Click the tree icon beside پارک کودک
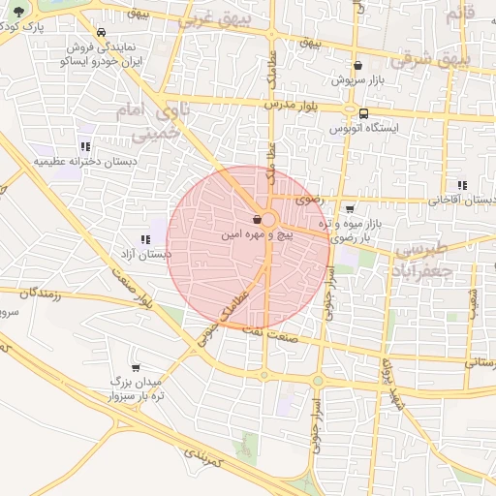click(x=18, y=12)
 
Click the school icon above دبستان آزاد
click(x=145, y=239)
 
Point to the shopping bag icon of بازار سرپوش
click(x=358, y=66)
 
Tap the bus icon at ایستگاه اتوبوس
click(x=362, y=113)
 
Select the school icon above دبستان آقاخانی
click(x=461, y=185)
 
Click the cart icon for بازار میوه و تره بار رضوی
click(x=350, y=208)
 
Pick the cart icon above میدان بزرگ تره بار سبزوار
click(x=136, y=368)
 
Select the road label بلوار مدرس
click(x=290, y=102)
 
